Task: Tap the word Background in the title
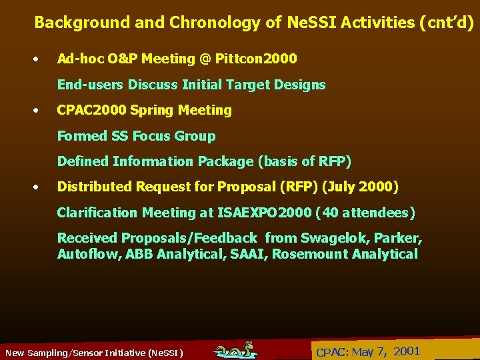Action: pos(82,23)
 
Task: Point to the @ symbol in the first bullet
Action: pos(204,59)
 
